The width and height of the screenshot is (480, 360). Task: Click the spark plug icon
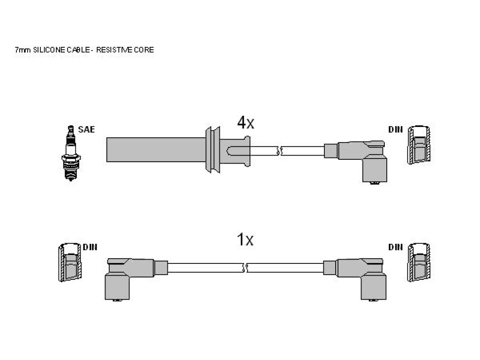pos(71,153)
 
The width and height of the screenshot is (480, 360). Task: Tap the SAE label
pos(86,129)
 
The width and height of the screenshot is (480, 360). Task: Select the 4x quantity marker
pos(246,123)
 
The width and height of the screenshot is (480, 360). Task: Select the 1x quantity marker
pos(245,240)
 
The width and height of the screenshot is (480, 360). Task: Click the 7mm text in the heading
pos(22,50)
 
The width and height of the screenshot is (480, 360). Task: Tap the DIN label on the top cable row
pos(396,129)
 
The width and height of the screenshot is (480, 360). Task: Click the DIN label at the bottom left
pos(90,247)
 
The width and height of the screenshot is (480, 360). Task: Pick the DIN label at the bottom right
pos(396,247)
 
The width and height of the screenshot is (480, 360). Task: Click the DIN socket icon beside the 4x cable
pos(419,145)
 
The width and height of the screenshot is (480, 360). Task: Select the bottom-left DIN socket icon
pos(70,262)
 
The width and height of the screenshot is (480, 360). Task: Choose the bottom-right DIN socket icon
pos(419,262)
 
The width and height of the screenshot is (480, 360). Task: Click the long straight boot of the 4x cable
pos(156,150)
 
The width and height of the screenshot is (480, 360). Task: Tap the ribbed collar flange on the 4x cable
pos(213,150)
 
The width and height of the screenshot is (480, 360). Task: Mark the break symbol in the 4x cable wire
pos(279,151)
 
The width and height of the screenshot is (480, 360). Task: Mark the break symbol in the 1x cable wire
pos(245,268)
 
